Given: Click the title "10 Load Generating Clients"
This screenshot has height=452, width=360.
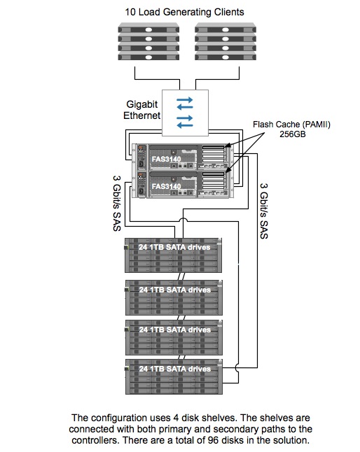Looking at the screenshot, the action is pyautogui.click(x=184, y=12).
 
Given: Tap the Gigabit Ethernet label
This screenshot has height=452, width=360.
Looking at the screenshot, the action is pyautogui.click(x=142, y=110).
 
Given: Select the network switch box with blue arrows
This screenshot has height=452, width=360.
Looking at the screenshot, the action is pyautogui.click(x=185, y=113).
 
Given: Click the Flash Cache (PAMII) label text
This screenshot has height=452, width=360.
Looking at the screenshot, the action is pyautogui.click(x=291, y=125).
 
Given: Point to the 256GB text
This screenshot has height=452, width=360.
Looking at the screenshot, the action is pyautogui.click(x=293, y=134).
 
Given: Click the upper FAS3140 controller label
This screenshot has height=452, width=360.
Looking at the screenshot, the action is pyautogui.click(x=166, y=159).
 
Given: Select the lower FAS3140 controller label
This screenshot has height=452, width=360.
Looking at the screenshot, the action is pyautogui.click(x=166, y=187).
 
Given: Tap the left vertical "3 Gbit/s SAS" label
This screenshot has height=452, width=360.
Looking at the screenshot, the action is pyautogui.click(x=116, y=204).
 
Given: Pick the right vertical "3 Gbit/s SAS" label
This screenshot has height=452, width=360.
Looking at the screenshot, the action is pyautogui.click(x=264, y=211).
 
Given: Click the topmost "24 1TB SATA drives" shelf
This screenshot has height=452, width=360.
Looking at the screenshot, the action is pyautogui.click(x=174, y=255).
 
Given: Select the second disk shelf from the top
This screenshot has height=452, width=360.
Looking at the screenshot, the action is pyautogui.click(x=174, y=297).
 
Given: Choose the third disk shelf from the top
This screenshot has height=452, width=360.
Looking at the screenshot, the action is pyautogui.click(x=174, y=337).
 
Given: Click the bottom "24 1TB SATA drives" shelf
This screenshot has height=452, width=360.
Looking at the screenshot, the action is pyautogui.click(x=174, y=376).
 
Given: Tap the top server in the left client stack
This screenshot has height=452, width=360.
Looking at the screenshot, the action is pyautogui.click(x=148, y=29).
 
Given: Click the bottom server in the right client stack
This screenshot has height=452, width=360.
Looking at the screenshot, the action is pyautogui.click(x=226, y=57).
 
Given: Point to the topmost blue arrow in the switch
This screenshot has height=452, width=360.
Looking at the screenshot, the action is pyautogui.click(x=185, y=100).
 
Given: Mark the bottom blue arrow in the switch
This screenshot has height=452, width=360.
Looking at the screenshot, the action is pyautogui.click(x=185, y=125).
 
